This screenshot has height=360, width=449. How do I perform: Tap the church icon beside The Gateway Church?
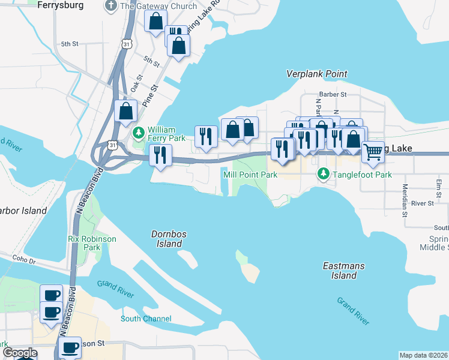(110, 6)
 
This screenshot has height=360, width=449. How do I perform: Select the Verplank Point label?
(316, 74)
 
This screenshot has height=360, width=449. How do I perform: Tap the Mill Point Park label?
(250, 175)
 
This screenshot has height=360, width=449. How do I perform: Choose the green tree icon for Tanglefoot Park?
(324, 174)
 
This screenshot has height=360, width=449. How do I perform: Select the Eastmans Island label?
(340, 270)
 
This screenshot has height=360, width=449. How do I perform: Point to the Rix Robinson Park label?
(92, 242)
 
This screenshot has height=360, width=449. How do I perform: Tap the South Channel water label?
(146, 319)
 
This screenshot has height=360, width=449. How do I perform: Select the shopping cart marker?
(373, 152)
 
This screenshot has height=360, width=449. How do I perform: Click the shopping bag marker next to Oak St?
(125, 111)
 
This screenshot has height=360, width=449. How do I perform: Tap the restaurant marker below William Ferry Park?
(159, 155)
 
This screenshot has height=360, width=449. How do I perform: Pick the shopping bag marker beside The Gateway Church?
(155, 22)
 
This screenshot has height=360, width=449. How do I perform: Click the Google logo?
(20, 353)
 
